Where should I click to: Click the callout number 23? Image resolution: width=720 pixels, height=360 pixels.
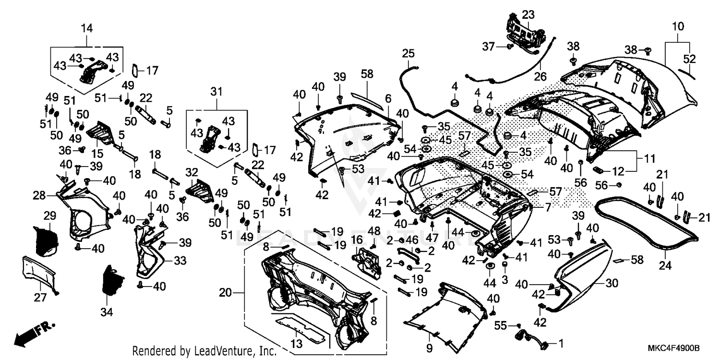[x=528, y=15]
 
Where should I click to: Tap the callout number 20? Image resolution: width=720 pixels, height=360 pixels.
[x=225, y=292]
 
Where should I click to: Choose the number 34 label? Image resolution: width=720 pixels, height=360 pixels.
[x=107, y=312]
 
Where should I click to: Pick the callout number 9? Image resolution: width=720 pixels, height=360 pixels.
[x=429, y=348]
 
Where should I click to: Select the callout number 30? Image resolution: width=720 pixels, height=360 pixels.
[x=612, y=284]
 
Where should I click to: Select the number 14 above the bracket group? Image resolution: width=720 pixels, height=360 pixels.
[x=86, y=28]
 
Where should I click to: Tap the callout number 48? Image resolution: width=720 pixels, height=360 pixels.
[x=374, y=231]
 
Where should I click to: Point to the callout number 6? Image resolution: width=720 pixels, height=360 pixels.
[x=388, y=98]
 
